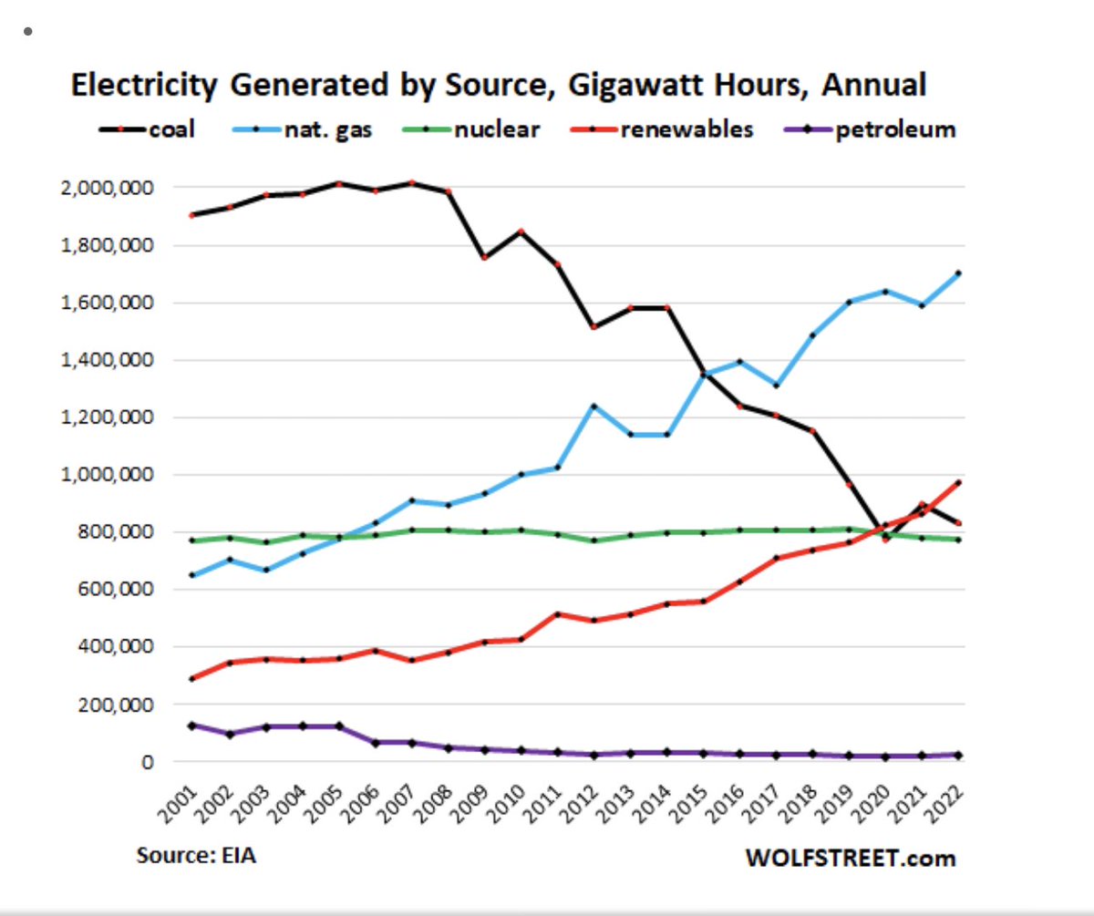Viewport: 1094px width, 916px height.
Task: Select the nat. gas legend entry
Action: point(314,129)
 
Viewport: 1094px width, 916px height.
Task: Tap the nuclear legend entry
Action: point(484,129)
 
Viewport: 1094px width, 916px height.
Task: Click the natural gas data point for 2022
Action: point(959,273)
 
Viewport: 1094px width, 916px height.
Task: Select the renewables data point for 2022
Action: point(959,482)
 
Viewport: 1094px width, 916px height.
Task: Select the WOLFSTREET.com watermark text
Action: point(851,858)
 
